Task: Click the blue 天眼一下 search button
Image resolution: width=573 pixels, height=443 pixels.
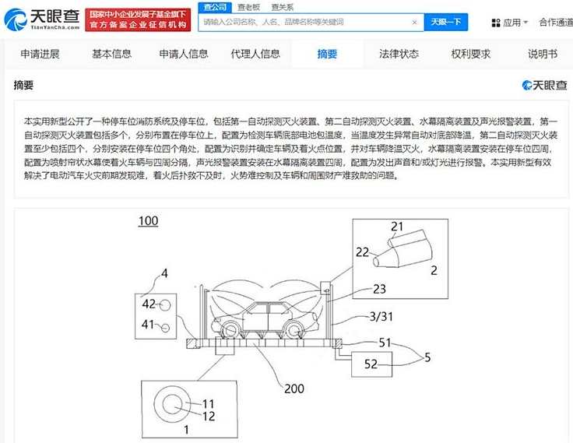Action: (x=446, y=23)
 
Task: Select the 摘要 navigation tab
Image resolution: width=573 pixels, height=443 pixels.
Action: (x=327, y=54)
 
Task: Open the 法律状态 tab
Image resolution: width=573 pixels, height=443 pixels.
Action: (x=399, y=54)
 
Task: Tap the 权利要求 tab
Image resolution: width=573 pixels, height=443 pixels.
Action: (x=470, y=54)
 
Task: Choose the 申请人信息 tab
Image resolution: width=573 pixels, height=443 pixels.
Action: (x=184, y=54)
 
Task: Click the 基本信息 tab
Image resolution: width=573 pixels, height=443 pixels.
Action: (x=111, y=54)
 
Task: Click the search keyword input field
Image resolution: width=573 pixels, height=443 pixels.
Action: (x=305, y=23)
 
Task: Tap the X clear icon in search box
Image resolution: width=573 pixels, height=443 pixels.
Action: (x=414, y=23)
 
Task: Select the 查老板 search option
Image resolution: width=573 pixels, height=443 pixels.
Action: (x=248, y=7)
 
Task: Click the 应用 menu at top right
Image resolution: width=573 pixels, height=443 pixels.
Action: (x=510, y=23)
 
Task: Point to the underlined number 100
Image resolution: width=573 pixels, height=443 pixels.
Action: (x=149, y=221)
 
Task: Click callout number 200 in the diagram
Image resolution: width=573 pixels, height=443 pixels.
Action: (x=294, y=389)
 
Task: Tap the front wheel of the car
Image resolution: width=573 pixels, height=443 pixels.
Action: (x=294, y=330)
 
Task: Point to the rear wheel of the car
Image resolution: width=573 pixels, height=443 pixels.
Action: (x=230, y=329)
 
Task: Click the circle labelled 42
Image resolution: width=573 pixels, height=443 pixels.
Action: (x=165, y=305)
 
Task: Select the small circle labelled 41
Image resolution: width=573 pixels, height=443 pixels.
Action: (x=166, y=328)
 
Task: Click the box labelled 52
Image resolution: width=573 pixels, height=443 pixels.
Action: (x=371, y=364)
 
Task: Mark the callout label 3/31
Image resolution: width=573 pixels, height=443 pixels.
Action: (x=381, y=316)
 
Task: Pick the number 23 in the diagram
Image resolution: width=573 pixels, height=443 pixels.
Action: (x=379, y=289)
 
